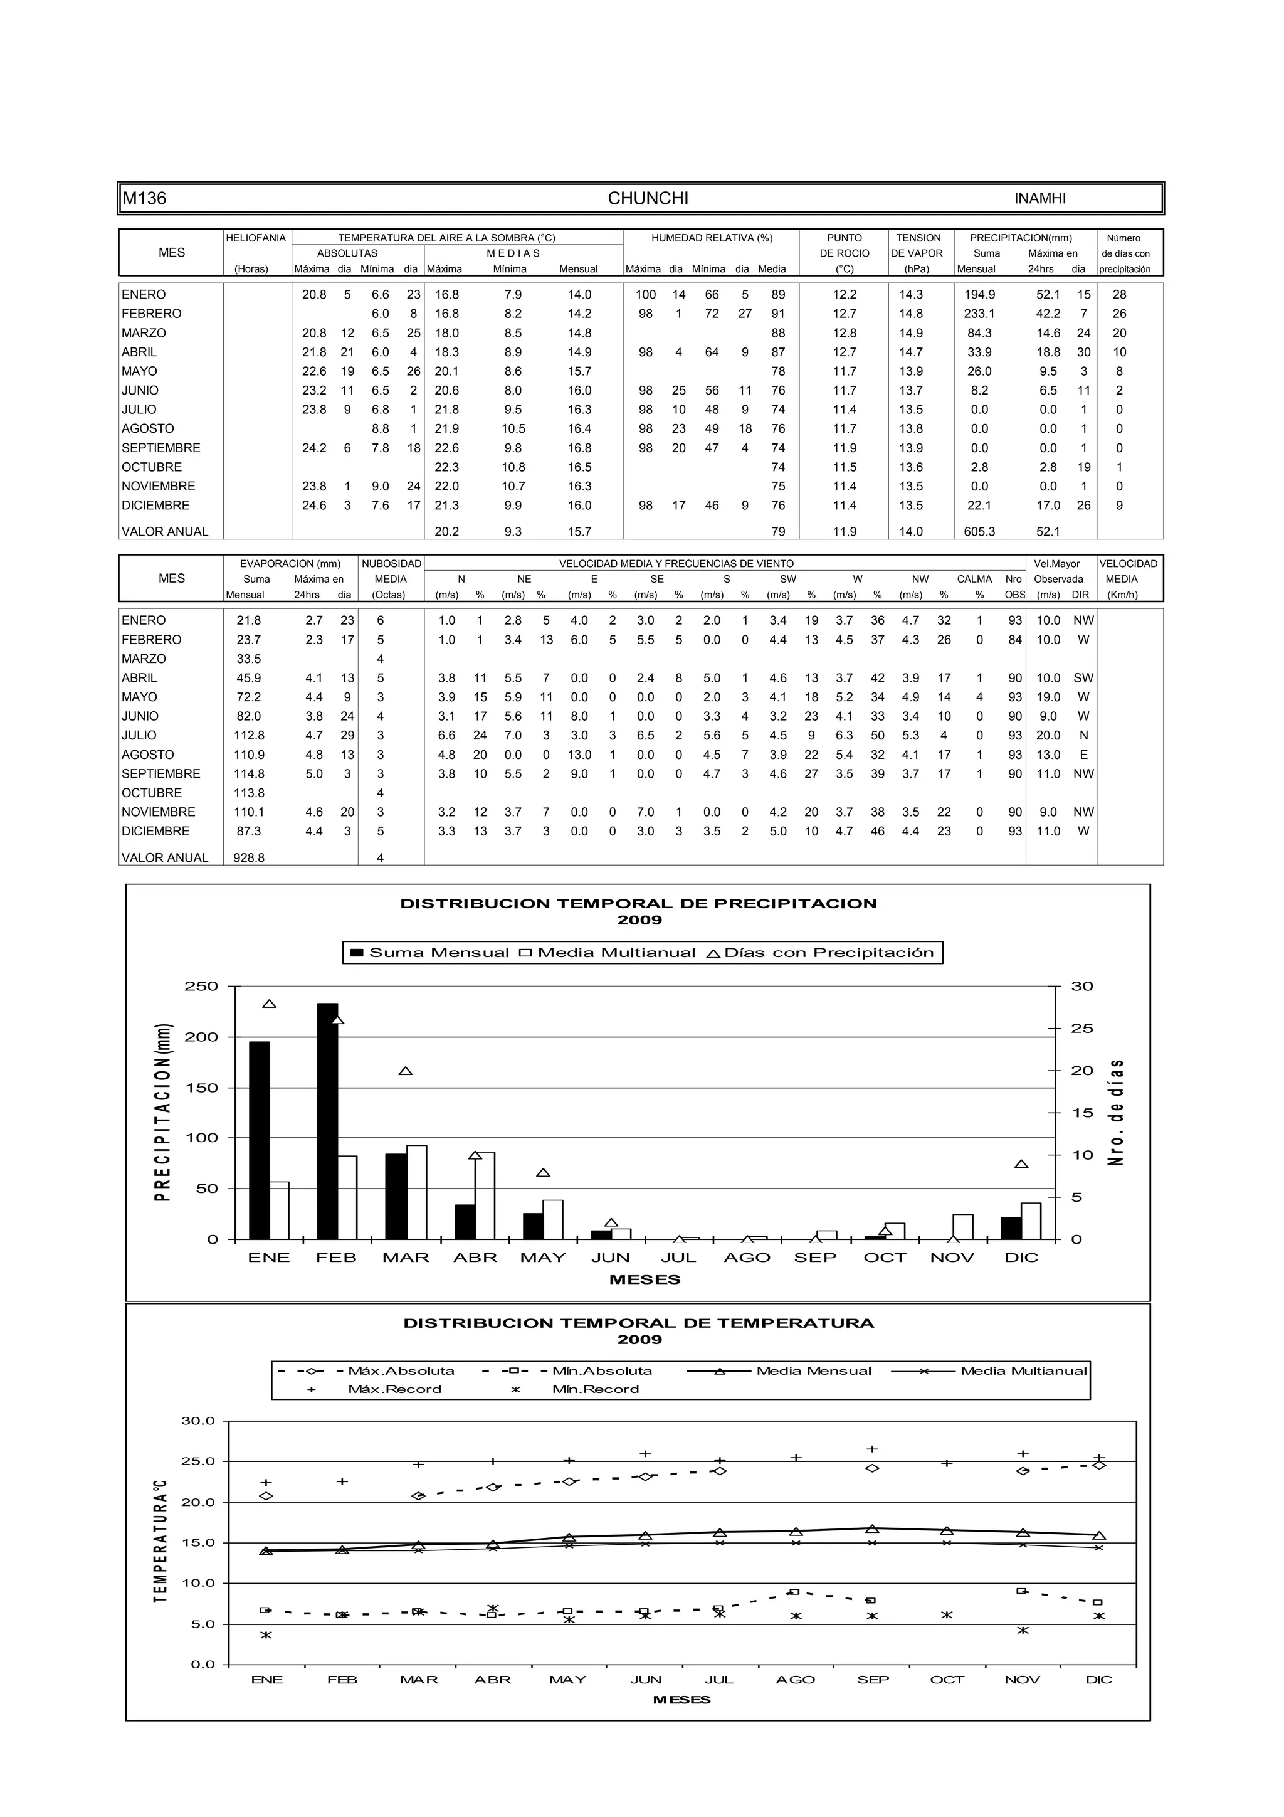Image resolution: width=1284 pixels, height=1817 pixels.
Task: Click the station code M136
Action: coord(145,199)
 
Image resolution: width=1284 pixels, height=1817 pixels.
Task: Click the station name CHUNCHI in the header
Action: coord(647,199)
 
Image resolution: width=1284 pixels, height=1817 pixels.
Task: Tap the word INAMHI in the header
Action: coord(1039,199)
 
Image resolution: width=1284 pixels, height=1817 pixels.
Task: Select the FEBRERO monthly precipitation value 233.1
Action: coord(979,314)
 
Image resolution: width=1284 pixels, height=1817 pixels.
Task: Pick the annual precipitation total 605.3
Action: coord(979,532)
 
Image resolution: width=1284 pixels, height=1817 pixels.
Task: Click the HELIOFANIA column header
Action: coord(256,238)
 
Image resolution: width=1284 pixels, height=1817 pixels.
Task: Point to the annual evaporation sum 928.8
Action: coord(248,858)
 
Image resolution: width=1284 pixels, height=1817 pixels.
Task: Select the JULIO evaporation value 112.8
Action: coord(248,735)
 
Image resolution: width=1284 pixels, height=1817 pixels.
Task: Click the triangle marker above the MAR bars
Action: coord(405,1071)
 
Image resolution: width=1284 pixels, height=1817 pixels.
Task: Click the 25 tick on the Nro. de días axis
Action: coord(1081,1029)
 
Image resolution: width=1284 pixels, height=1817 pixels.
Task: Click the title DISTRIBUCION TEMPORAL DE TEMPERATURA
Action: coord(638,1323)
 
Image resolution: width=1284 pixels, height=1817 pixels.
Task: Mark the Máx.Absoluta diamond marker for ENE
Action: coord(266,1496)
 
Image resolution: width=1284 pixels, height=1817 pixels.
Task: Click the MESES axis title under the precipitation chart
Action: coord(645,1279)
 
